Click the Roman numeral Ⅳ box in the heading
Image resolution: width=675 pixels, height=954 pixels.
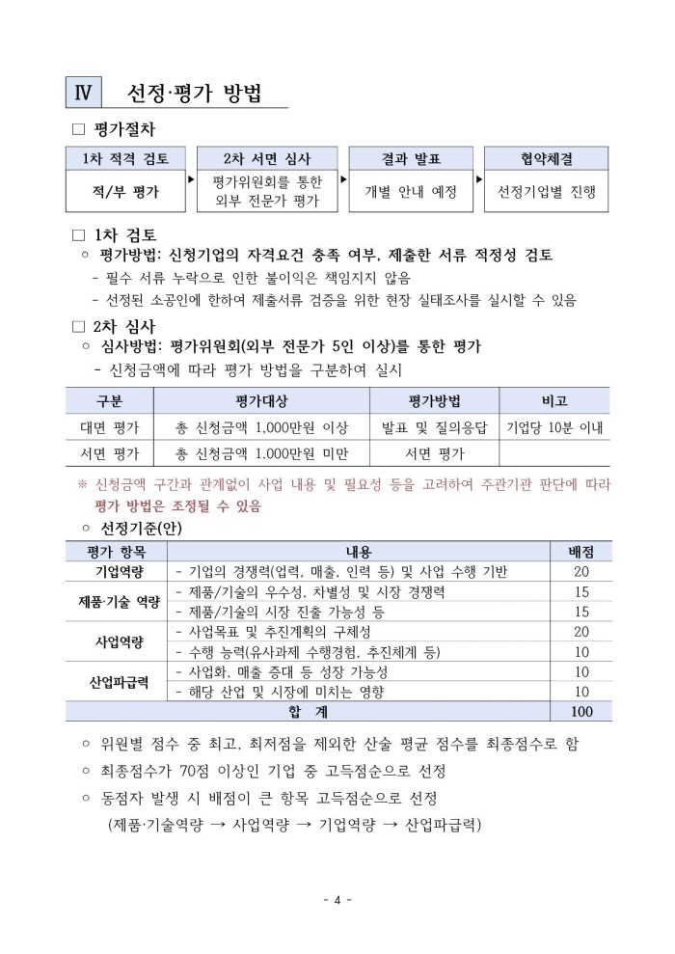pos(81,93)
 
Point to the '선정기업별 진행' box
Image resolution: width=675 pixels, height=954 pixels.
pos(546,192)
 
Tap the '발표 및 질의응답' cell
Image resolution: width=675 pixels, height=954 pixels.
pos(434,426)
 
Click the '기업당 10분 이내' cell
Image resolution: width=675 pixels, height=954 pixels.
pos(554,426)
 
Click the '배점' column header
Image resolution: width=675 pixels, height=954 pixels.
pos(581,551)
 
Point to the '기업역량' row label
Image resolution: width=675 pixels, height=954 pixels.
pos(118,572)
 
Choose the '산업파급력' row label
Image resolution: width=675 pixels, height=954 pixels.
pos(118,681)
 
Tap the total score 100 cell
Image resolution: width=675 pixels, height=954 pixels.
pos(581,712)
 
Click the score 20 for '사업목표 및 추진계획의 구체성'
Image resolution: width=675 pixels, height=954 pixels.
pos(581,632)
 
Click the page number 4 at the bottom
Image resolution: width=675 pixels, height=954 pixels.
pos(337,900)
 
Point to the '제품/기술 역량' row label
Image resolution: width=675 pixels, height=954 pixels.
pos(118,602)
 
